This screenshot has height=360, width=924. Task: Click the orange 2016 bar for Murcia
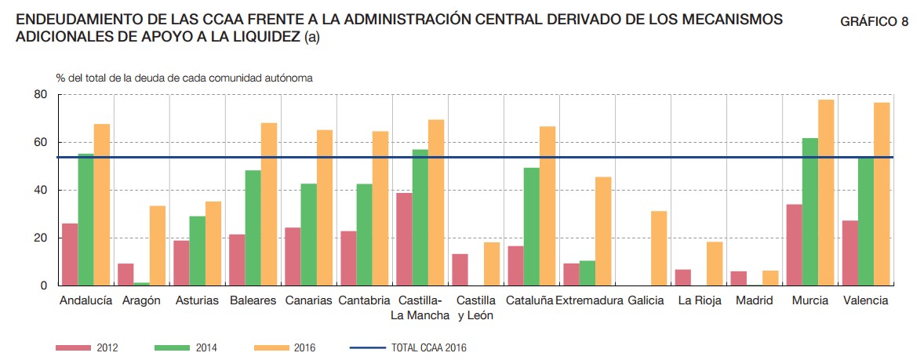tap(826, 193)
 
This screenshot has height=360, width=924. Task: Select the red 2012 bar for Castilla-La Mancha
tap(404, 239)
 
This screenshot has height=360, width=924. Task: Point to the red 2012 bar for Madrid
tap(738, 278)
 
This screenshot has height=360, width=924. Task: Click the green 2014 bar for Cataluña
tap(532, 227)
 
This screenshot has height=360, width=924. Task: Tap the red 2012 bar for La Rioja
tap(682, 278)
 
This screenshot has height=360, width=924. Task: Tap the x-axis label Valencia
tap(866, 300)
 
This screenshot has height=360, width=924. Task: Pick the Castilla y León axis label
tap(476, 307)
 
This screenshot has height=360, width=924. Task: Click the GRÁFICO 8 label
tap(874, 22)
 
